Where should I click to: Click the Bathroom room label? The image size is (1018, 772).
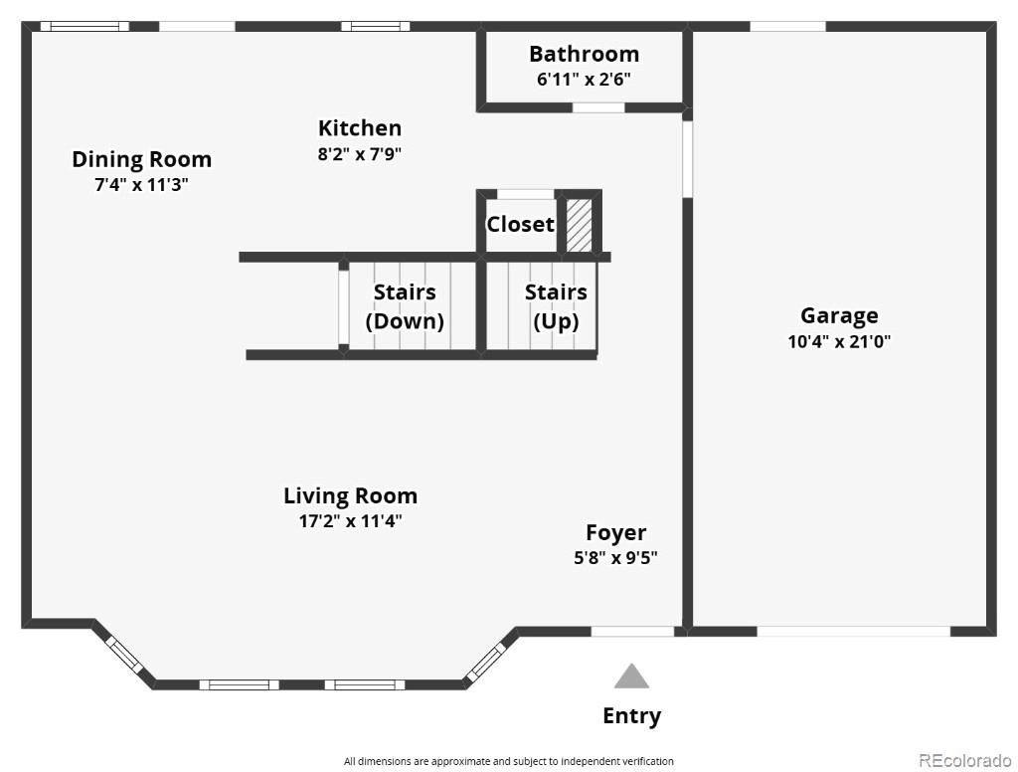(584, 54)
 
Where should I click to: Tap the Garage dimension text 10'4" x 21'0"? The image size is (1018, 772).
(839, 341)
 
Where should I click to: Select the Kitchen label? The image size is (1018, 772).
(360, 128)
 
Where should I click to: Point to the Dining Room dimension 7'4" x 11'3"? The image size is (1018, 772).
(141, 185)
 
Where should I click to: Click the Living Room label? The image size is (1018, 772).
(350, 496)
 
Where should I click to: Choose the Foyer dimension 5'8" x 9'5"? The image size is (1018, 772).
(615, 557)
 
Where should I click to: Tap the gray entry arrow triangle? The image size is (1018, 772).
(631, 675)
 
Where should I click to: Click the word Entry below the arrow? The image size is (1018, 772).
(631, 716)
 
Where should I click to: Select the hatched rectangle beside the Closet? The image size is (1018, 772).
(580, 225)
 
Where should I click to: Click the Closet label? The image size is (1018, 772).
(521, 224)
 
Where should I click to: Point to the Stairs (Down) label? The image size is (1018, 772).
(405, 306)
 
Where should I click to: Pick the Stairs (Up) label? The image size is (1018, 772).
(556, 306)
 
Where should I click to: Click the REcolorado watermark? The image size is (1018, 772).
(964, 760)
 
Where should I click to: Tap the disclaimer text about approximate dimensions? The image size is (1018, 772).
(509, 761)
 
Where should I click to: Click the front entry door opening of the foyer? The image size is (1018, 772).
(632, 631)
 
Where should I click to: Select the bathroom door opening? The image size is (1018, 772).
(598, 107)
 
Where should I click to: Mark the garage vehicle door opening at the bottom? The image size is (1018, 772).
(854, 631)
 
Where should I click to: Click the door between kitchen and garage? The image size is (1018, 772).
(688, 159)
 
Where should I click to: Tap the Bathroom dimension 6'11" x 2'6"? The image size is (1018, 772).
(584, 80)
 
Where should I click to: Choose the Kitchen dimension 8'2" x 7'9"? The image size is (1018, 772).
(360, 154)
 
